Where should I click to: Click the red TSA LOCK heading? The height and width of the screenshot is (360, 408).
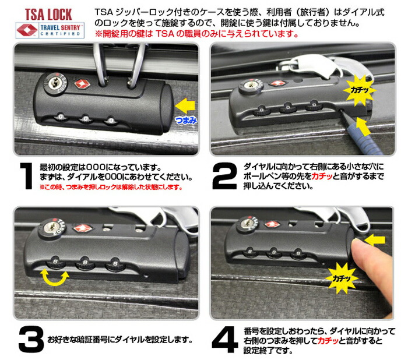click(x=48, y=15)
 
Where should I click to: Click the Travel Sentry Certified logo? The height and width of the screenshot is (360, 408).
click(x=50, y=30)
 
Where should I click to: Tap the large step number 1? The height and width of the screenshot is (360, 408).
click(x=26, y=176)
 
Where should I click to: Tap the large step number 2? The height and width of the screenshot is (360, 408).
click(x=224, y=176)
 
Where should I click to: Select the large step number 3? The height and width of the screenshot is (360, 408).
click(x=31, y=339)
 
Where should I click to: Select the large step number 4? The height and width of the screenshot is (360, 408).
click(x=225, y=340)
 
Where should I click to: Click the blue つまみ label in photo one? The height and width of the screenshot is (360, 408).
click(x=186, y=120)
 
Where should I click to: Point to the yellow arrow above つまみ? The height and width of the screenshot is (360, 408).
click(x=185, y=105)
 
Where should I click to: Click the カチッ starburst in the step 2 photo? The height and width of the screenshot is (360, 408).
click(x=360, y=90)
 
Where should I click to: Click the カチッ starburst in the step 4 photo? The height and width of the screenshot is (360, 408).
click(x=342, y=278)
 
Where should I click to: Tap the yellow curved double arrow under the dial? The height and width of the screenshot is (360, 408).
click(x=55, y=278)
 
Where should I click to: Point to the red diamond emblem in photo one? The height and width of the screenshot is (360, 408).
click(x=83, y=83)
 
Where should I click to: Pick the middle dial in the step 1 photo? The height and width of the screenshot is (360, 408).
click(x=86, y=119)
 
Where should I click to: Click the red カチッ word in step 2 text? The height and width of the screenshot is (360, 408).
click(x=322, y=177)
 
